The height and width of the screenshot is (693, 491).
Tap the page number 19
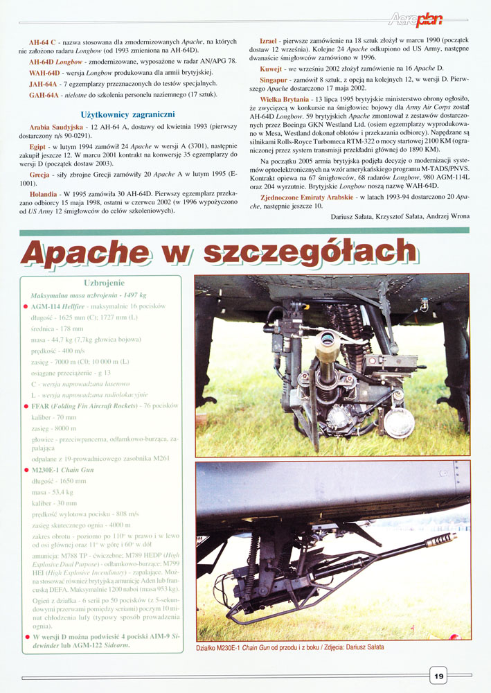click(440, 675)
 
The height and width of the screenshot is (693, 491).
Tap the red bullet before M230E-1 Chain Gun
click(26, 471)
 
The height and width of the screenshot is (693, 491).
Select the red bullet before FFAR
click(26, 405)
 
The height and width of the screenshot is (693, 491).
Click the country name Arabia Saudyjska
click(55, 129)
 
